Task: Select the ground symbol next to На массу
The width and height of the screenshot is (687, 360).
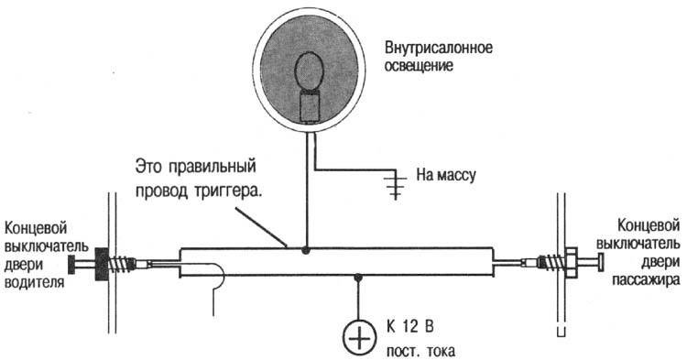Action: point(396,182)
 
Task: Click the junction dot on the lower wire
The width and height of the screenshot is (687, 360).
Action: point(359,277)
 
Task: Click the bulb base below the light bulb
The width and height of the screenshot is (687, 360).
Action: point(311,107)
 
